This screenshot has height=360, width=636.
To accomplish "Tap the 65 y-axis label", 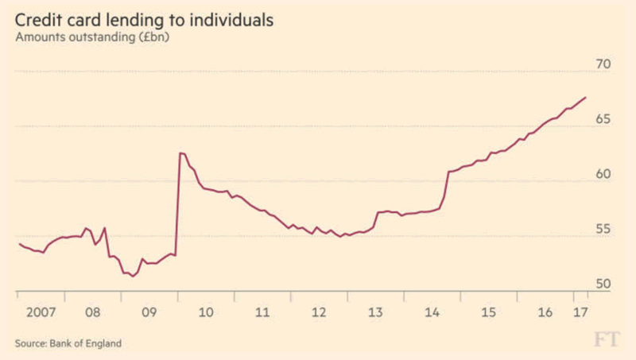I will (x=601, y=119).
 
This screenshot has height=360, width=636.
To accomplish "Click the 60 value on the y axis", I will (x=601, y=174).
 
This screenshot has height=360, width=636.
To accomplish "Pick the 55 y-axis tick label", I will (x=601, y=229).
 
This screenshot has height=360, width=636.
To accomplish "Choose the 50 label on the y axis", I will (x=601, y=284).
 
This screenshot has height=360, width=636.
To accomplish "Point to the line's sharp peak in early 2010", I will (x=180, y=153).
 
